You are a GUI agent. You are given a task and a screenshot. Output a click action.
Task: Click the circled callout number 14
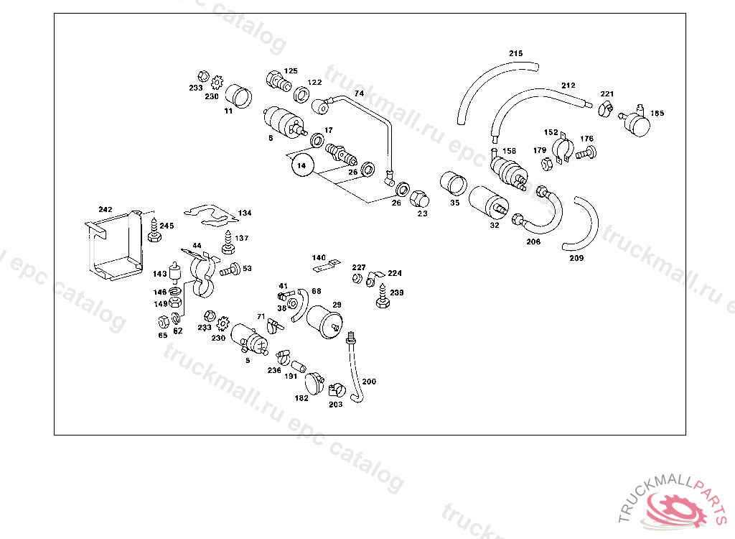301,165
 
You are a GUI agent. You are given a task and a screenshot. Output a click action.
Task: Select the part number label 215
516,54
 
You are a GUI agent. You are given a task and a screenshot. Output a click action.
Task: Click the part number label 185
657,114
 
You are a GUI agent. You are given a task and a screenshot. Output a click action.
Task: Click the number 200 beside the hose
368,381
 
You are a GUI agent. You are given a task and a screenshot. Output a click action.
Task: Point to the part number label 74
359,93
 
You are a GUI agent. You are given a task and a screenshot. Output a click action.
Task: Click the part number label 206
533,242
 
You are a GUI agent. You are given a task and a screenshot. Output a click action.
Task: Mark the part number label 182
301,397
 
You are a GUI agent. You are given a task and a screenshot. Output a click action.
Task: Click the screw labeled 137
229,244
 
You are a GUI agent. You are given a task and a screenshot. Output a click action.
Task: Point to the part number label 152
551,132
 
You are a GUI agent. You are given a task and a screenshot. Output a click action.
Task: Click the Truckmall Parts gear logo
675,509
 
